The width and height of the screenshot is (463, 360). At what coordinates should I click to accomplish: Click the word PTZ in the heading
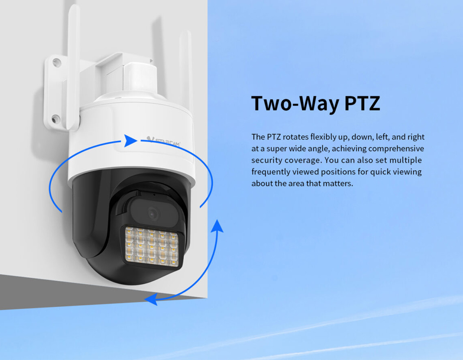point(362,103)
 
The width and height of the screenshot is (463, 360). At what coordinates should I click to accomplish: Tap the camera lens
point(153,213)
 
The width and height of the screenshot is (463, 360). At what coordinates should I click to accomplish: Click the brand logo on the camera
point(163,141)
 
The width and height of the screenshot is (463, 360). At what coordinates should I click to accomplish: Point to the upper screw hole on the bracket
point(56,62)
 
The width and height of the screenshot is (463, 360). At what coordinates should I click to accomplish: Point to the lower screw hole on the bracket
point(56,119)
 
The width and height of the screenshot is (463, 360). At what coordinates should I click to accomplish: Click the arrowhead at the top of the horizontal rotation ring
point(130,141)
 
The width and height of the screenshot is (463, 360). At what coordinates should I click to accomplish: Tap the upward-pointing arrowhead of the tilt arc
point(218,226)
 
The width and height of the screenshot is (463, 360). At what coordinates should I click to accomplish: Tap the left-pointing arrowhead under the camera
point(151,299)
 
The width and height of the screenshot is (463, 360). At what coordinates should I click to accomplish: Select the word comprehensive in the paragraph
point(396,149)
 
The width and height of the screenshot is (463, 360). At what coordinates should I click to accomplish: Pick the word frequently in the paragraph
point(270,172)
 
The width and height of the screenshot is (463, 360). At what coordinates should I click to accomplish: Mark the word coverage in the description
point(303,161)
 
